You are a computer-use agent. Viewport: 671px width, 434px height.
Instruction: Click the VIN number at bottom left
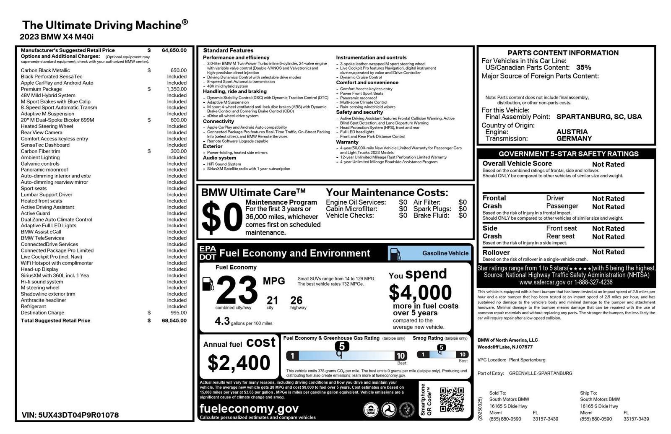point(70,415)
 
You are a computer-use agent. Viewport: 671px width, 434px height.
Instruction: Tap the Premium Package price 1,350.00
point(176,89)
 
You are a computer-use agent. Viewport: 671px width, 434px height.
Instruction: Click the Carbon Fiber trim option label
point(40,151)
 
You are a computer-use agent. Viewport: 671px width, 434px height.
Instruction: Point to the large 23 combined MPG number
point(237,290)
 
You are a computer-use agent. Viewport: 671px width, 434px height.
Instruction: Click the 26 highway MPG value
point(296,300)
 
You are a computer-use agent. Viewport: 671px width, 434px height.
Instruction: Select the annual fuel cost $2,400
point(239,363)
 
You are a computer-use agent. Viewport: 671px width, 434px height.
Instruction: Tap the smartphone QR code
point(452,399)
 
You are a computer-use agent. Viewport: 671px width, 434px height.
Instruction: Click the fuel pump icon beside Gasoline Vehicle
point(395,253)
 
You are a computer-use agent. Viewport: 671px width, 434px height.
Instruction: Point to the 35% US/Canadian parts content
point(583,68)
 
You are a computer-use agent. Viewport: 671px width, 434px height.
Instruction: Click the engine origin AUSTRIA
point(572,132)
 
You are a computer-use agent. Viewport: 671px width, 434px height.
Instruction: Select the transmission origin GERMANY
point(574,138)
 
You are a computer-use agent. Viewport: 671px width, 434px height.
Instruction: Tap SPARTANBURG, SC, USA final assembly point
point(599,117)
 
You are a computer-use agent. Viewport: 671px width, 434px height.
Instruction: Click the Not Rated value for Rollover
point(608,252)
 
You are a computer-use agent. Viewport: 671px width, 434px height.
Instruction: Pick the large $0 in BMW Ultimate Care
point(222,217)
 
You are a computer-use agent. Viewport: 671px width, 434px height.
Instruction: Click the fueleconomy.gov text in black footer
point(249,408)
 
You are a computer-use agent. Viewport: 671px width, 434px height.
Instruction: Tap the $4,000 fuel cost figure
point(420,292)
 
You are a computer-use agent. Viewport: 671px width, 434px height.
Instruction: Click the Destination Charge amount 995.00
point(178,312)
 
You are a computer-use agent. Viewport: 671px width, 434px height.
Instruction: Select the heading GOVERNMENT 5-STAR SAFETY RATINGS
point(568,154)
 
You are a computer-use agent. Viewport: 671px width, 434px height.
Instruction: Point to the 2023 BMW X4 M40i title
point(57,37)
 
